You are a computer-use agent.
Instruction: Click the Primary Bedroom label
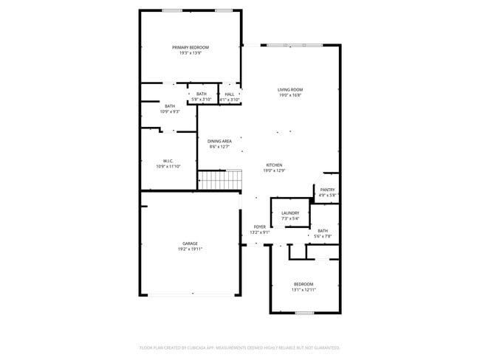pos(190,47)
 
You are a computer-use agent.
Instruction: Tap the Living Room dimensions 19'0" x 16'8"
pos(290,95)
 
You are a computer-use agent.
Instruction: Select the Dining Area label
pos(219,141)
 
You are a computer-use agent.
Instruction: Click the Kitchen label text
pos(274,165)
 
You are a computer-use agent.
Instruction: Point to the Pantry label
pos(327,190)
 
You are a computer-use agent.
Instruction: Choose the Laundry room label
pos(289,212)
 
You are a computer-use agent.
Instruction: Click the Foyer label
pos(260,226)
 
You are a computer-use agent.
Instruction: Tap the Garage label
pos(190,243)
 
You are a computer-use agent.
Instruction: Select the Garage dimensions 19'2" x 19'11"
pos(190,249)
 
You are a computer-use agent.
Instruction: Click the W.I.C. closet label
pos(168,161)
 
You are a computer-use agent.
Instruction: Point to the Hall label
pos(230,94)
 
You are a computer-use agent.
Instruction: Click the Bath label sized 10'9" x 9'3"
pos(170,106)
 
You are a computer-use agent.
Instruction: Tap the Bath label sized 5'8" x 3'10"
pos(202,94)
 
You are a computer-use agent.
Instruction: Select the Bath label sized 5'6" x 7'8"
pos(323,230)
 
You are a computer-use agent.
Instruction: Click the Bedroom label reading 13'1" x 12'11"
pos(304,284)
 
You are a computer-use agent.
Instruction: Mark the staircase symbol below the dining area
pos(220,179)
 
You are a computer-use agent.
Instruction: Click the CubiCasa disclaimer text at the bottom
pos(239,347)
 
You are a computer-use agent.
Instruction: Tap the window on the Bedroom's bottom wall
pos(304,313)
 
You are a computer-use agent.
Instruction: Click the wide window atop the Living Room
pos(294,45)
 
